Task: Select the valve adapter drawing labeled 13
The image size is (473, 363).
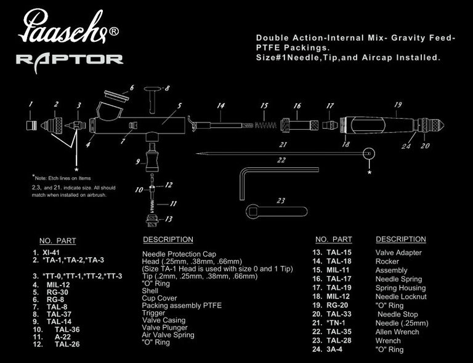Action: (x=152, y=218)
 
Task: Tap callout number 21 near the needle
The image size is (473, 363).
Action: (x=283, y=145)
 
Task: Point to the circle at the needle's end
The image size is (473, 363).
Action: (x=369, y=153)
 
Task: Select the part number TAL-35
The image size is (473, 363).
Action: (x=338, y=332)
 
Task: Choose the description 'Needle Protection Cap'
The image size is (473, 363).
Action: (x=179, y=253)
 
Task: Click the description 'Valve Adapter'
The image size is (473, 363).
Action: (x=398, y=252)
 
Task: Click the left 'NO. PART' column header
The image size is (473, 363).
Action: (x=57, y=241)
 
